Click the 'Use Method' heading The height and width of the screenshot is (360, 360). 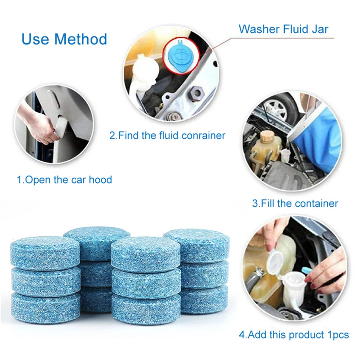[x=64, y=39]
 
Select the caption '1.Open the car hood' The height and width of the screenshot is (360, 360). [x=64, y=180]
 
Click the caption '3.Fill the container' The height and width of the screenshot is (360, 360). [x=295, y=203]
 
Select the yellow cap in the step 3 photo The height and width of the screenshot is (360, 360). [x=268, y=136]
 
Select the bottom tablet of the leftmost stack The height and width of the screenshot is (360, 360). [x=45, y=306]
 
